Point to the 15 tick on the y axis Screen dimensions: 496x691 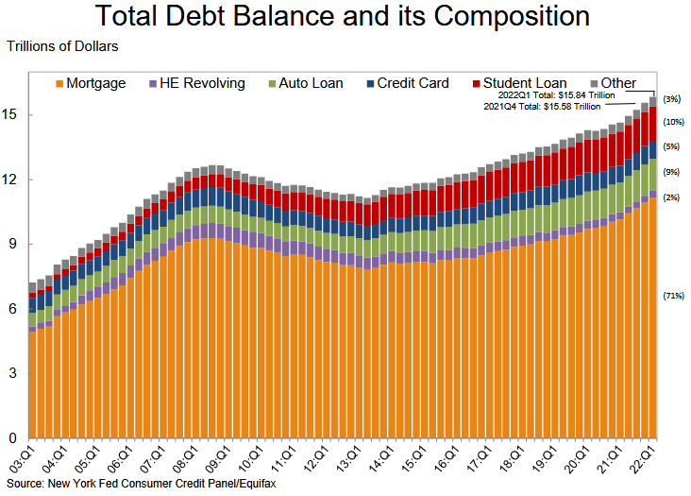click(12, 115)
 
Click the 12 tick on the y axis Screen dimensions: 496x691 click(12, 180)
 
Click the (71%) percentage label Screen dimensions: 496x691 click(673, 296)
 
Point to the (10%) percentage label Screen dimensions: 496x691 click(673, 122)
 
